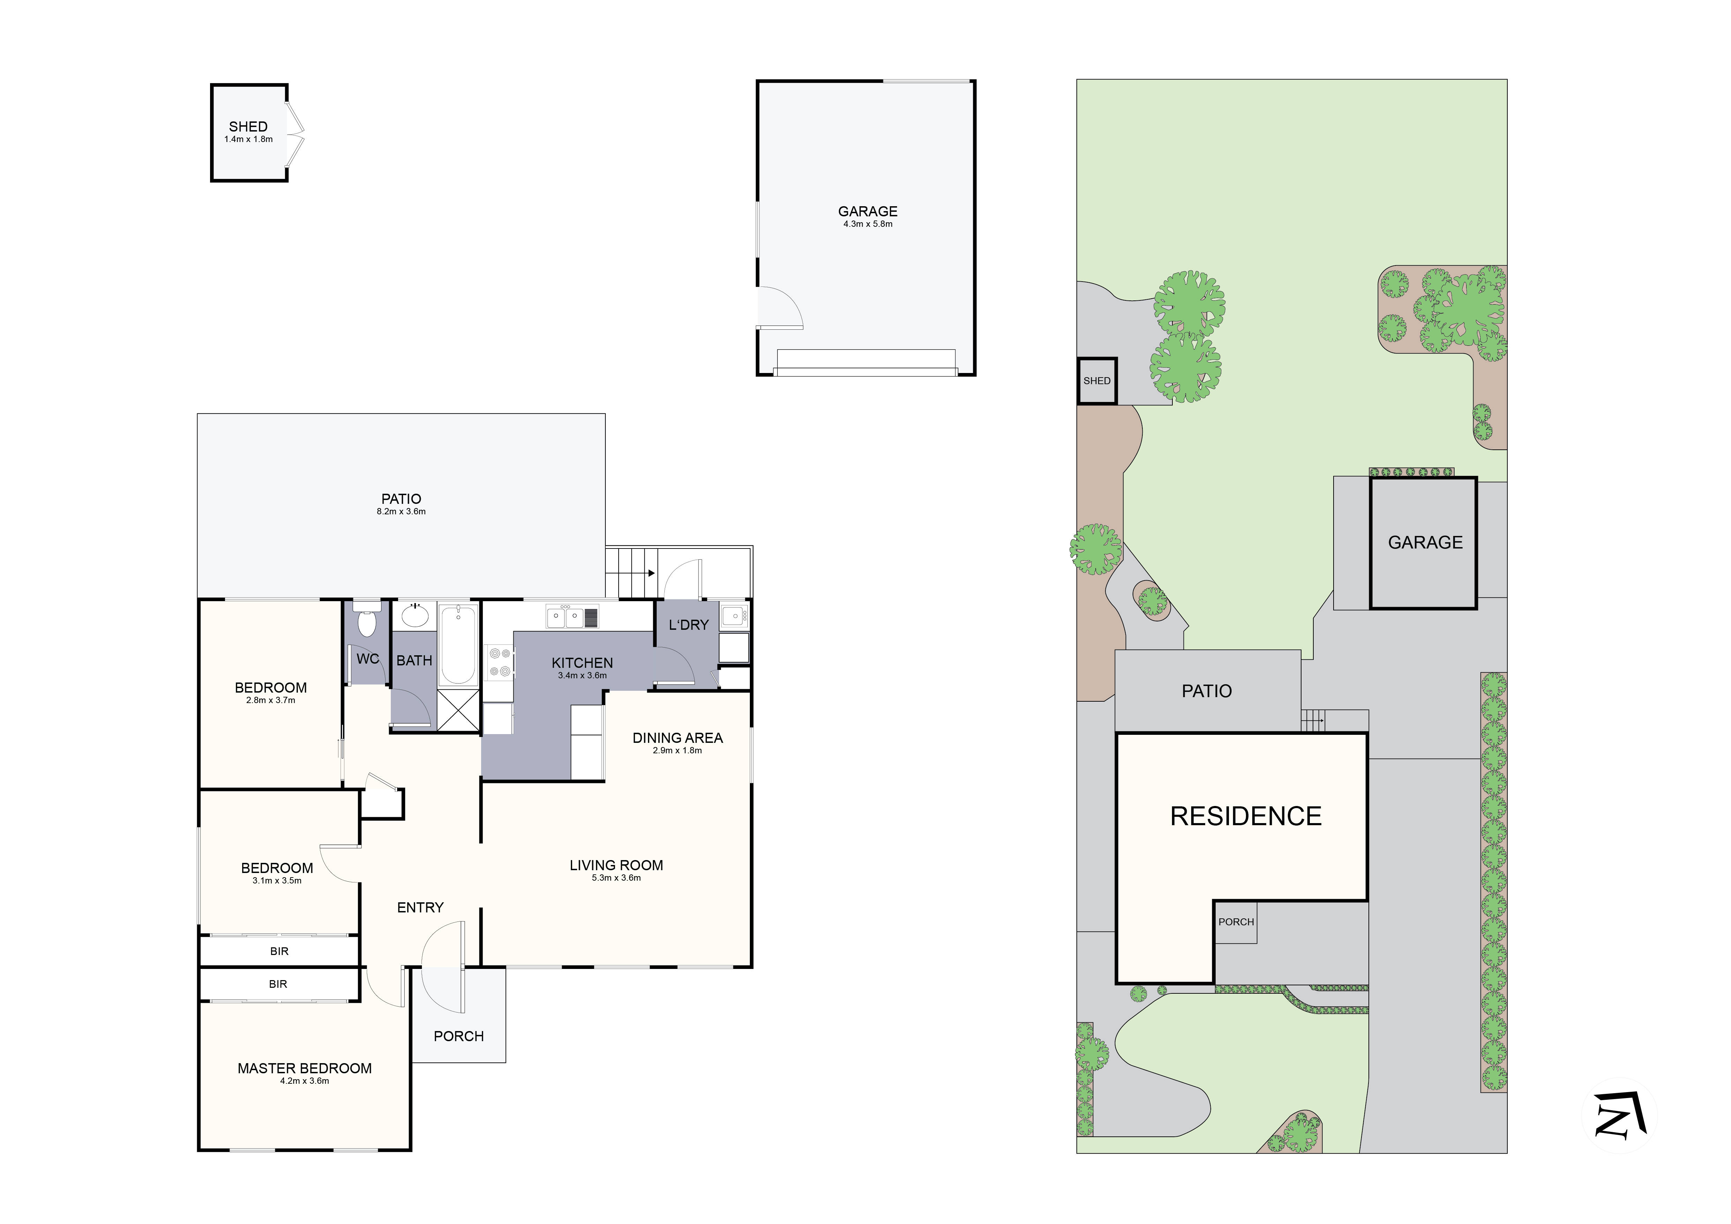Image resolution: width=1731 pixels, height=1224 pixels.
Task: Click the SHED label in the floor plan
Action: point(248,127)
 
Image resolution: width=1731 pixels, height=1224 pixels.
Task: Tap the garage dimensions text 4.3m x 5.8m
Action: point(868,224)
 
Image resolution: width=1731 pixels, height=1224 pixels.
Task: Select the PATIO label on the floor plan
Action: point(401,499)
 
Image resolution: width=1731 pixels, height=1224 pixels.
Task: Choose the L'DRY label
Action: point(688,625)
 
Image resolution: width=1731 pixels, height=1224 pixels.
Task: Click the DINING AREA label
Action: point(677,738)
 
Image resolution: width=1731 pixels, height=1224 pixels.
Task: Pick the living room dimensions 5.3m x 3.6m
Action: point(616,878)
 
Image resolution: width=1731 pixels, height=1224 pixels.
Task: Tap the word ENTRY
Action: point(420,908)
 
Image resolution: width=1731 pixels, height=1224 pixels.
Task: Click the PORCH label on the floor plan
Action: point(458,1036)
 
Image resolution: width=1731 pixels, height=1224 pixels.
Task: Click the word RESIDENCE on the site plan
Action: point(1246,816)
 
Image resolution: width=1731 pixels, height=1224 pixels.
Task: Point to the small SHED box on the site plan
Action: point(1096,381)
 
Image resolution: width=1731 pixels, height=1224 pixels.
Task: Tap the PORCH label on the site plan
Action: point(1236,922)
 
